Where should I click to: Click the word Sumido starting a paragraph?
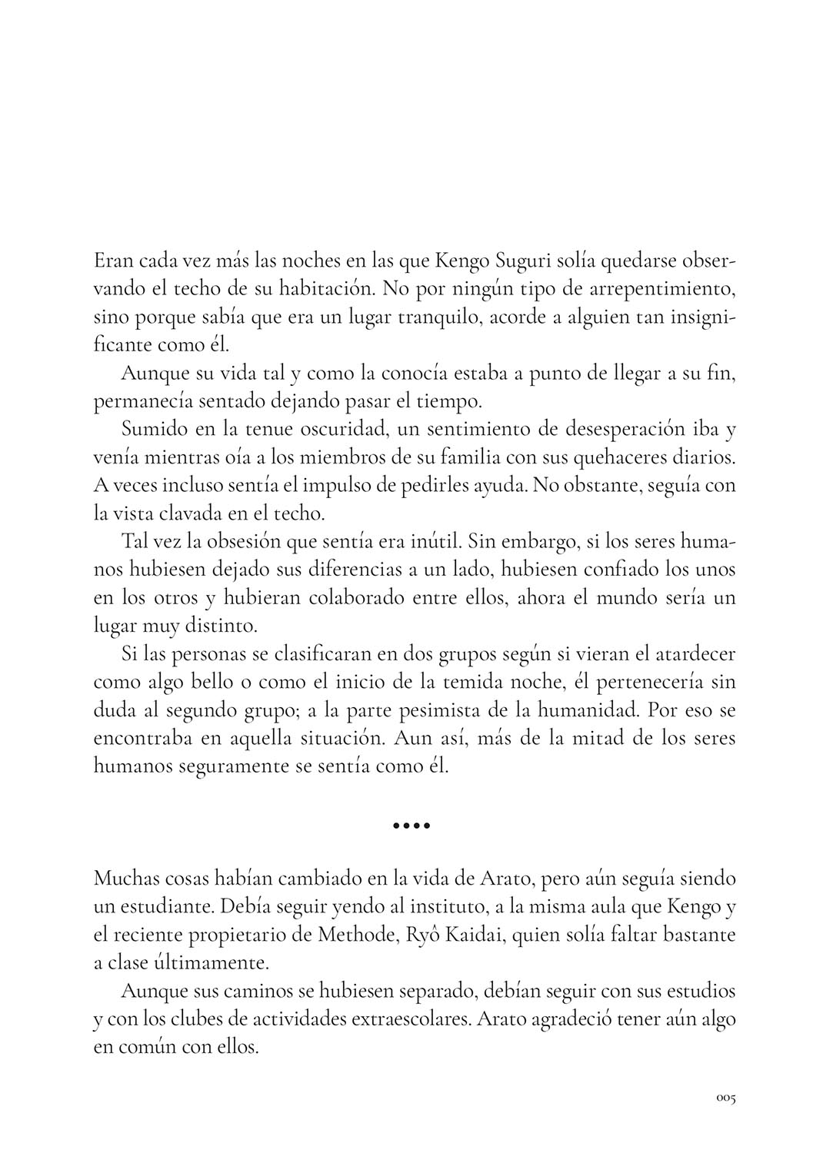[x=149, y=428]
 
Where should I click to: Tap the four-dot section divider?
[x=411, y=827]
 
